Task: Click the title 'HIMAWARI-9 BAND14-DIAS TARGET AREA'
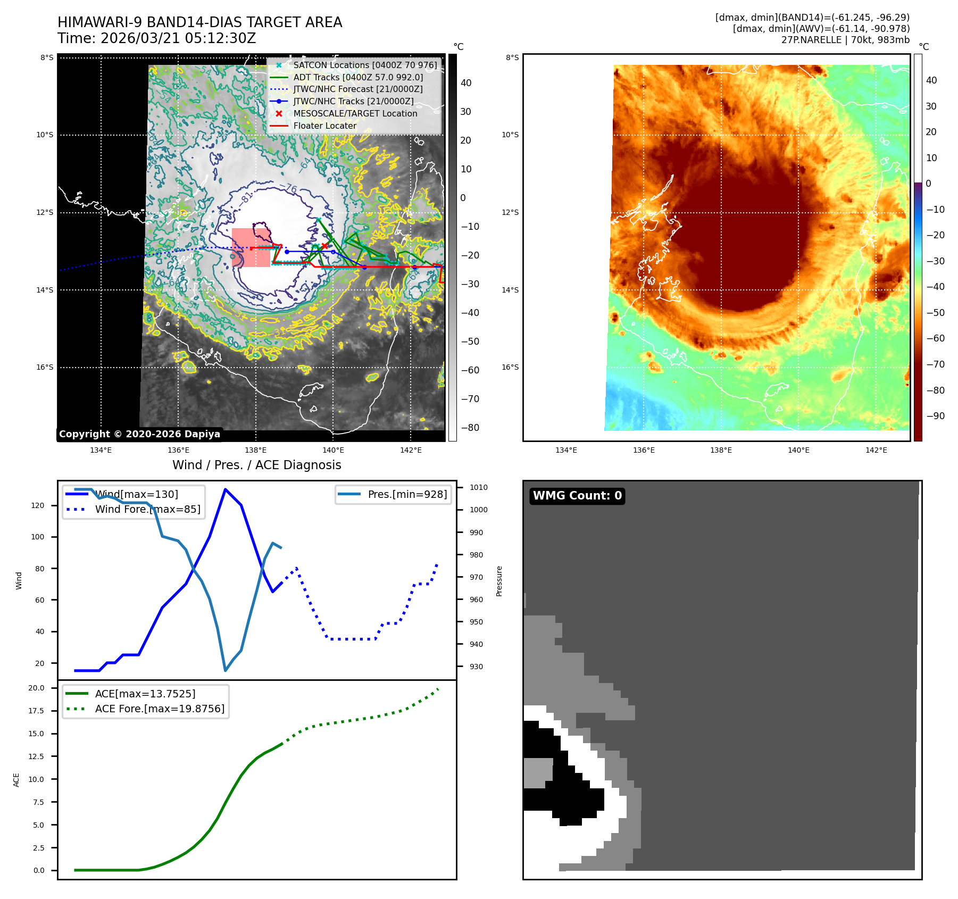tap(199, 22)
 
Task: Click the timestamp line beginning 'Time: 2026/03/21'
tap(156, 38)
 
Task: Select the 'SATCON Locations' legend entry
tap(365, 65)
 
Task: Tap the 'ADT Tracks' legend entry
tap(358, 77)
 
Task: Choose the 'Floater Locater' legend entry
tap(324, 126)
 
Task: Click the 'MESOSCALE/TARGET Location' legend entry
tap(355, 113)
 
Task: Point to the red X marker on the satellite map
tap(324, 246)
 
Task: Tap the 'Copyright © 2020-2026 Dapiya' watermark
tap(139, 434)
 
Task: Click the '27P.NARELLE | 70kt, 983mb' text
tap(845, 40)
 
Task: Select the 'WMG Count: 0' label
tap(577, 496)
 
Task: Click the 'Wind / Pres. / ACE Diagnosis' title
tap(256, 465)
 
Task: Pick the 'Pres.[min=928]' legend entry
tap(407, 494)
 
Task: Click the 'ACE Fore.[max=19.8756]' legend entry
tap(160, 709)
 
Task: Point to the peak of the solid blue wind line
tap(226, 489)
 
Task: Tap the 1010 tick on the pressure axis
tap(478, 487)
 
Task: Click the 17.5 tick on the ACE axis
tap(36, 711)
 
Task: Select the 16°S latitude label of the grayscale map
tap(45, 367)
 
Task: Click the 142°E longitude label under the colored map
tap(876, 450)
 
